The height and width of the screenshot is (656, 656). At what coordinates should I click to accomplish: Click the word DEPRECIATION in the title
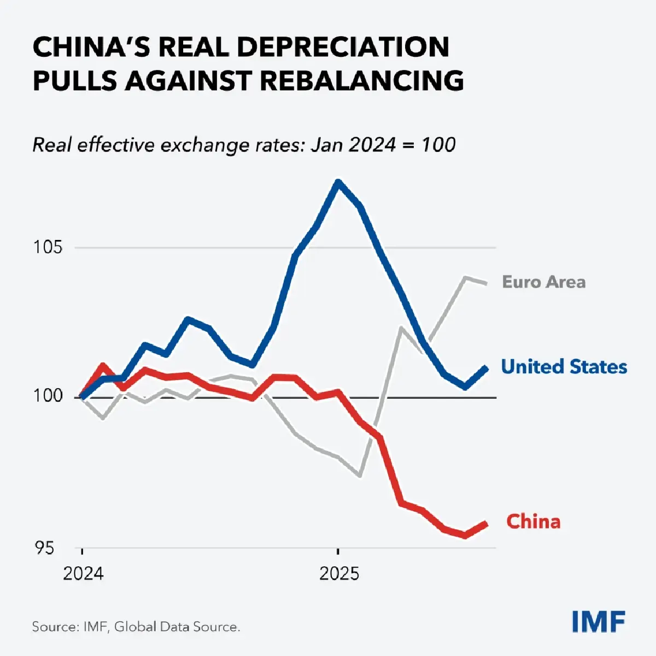click(344, 47)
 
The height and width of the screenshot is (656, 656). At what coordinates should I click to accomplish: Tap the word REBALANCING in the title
click(361, 81)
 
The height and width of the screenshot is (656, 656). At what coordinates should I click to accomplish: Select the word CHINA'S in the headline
click(91, 47)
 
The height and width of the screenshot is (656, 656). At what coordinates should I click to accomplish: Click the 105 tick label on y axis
click(48, 247)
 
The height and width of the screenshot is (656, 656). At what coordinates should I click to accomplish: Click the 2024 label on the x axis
click(83, 574)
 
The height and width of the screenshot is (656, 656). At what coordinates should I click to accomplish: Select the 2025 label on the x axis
click(339, 574)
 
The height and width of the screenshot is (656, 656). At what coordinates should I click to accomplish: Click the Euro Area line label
click(543, 282)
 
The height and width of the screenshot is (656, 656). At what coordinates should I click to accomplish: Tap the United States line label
click(564, 366)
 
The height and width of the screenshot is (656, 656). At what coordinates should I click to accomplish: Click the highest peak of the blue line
click(338, 182)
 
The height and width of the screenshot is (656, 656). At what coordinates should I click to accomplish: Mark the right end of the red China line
click(485, 524)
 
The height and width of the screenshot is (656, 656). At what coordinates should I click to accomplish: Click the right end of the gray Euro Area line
click(487, 283)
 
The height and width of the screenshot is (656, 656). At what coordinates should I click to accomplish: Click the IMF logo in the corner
click(599, 621)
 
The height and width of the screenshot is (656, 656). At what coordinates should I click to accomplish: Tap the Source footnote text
click(136, 626)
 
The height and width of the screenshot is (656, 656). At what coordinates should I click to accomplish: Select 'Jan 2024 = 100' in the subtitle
click(383, 145)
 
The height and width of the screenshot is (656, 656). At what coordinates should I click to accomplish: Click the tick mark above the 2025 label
click(338, 551)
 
